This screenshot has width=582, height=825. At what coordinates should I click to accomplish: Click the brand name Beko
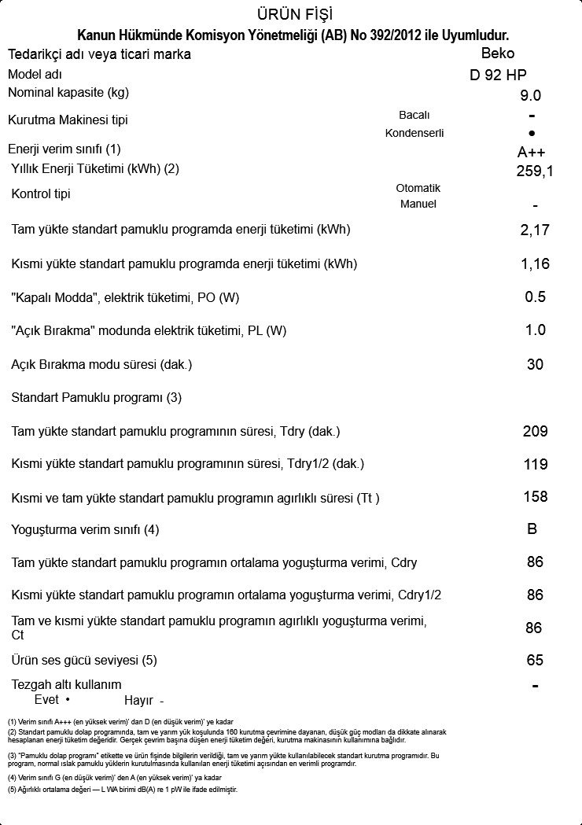pyautogui.click(x=498, y=53)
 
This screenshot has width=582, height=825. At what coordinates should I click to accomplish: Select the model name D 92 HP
pyautogui.click(x=498, y=76)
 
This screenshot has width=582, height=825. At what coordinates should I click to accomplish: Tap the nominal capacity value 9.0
pyautogui.click(x=531, y=96)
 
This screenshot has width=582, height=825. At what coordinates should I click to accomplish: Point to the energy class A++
pyautogui.click(x=532, y=152)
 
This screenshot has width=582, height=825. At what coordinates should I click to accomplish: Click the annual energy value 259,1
pyautogui.click(x=535, y=171)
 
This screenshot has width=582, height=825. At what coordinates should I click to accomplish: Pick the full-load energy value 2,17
pyautogui.click(x=535, y=230)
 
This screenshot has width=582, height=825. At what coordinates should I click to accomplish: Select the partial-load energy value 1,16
pyautogui.click(x=535, y=264)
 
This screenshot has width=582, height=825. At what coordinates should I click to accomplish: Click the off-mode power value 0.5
pyautogui.click(x=535, y=297)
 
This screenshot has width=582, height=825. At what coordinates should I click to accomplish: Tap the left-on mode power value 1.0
pyautogui.click(x=535, y=330)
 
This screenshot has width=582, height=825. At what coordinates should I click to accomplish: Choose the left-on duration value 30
pyautogui.click(x=535, y=365)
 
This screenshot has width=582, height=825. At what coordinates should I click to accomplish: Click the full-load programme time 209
pyautogui.click(x=535, y=432)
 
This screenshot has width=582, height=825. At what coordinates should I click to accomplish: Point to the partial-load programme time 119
pyautogui.click(x=535, y=465)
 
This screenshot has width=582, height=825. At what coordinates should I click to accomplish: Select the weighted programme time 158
pyautogui.click(x=535, y=497)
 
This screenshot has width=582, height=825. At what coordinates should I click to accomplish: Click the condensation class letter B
pyautogui.click(x=532, y=529)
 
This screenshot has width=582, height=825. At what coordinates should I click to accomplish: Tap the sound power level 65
pyautogui.click(x=535, y=661)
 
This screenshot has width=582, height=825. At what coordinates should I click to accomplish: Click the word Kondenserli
pyautogui.click(x=414, y=133)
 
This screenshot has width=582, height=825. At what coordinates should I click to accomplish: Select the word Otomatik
pyautogui.click(x=418, y=189)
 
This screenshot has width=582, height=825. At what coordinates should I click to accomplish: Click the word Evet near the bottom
pyautogui.click(x=46, y=699)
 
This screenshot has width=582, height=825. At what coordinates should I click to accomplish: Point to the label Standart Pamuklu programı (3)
pyautogui.click(x=96, y=398)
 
